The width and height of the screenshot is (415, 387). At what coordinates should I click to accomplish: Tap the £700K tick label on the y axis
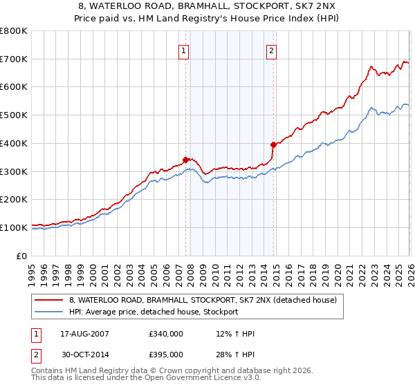(14, 59)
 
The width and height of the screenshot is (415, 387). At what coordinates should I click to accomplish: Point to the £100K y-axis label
(14, 227)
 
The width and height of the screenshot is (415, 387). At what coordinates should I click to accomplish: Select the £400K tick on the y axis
(14, 143)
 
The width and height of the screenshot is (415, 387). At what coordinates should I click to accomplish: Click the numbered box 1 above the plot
(184, 50)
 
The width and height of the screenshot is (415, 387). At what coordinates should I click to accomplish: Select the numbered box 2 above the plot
(272, 50)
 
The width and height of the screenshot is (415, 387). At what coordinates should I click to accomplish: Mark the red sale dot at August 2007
(185, 160)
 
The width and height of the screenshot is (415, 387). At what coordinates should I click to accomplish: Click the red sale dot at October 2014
(273, 144)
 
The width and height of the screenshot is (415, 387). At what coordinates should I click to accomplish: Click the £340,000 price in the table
(166, 334)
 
